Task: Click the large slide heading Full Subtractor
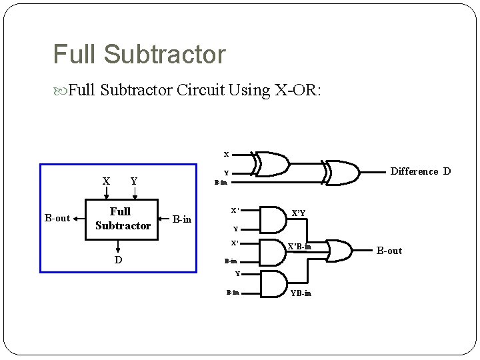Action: pyautogui.click(x=139, y=55)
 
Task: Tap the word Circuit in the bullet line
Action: pyautogui.click(x=200, y=90)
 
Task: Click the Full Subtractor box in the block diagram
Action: pyautogui.click(x=121, y=219)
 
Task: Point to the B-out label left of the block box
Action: pyautogui.click(x=57, y=218)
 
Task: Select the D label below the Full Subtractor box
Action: pyautogui.click(x=118, y=260)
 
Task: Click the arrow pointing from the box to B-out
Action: pyautogui.click(x=78, y=218)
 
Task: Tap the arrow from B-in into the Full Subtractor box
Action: pyautogui.click(x=164, y=218)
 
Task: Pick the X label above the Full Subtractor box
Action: pyautogui.click(x=106, y=181)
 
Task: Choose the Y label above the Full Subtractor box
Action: pyautogui.click(x=134, y=181)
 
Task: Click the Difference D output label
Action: pyautogui.click(x=420, y=171)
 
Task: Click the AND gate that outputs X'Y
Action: pyautogui.click(x=271, y=218)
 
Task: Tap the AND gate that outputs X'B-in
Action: pyautogui.click(x=271, y=251)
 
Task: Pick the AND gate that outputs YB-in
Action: pyautogui.click(x=271, y=283)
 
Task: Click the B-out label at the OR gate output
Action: pyautogui.click(x=389, y=251)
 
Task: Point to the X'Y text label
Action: pyautogui.click(x=299, y=213)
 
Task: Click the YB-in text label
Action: pyautogui.click(x=301, y=293)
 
